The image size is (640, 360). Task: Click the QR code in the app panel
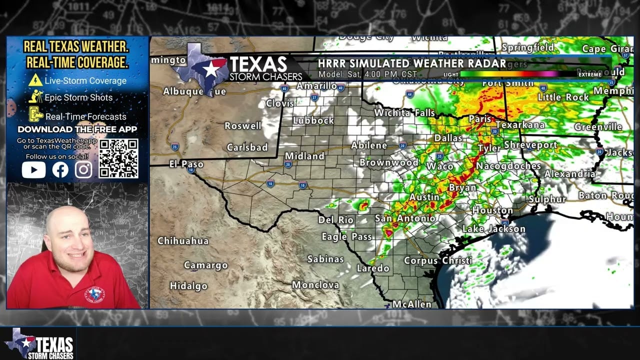pyautogui.click(x=118, y=158)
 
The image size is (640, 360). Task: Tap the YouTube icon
pyautogui.click(x=33, y=170)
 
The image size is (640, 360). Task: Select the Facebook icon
pyautogui.click(x=60, y=170)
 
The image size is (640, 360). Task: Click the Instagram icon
pyautogui.click(x=83, y=170)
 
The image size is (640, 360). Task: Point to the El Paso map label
pyautogui.click(x=186, y=164)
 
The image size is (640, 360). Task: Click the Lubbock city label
pyautogui.click(x=313, y=120)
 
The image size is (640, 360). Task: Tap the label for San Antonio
pyautogui.click(x=405, y=218)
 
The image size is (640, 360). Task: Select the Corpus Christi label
pyautogui.click(x=437, y=260)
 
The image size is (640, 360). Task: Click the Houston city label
pyautogui.click(x=492, y=210)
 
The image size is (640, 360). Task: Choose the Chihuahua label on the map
pyautogui.click(x=183, y=241)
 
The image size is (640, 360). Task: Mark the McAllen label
pyautogui.click(x=411, y=304)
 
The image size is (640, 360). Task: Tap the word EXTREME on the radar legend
pyautogui.click(x=590, y=74)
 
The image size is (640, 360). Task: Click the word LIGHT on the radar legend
pyautogui.click(x=450, y=74)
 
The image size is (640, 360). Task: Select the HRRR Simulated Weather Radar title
pyautogui.click(x=411, y=63)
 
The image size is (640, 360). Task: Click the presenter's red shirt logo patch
pyautogui.click(x=94, y=295)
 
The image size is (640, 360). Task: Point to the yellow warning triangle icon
pyautogui.click(x=35, y=80)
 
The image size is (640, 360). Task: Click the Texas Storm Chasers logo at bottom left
pyautogui.click(x=40, y=343)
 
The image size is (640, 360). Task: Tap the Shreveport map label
pyautogui.click(x=530, y=145)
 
